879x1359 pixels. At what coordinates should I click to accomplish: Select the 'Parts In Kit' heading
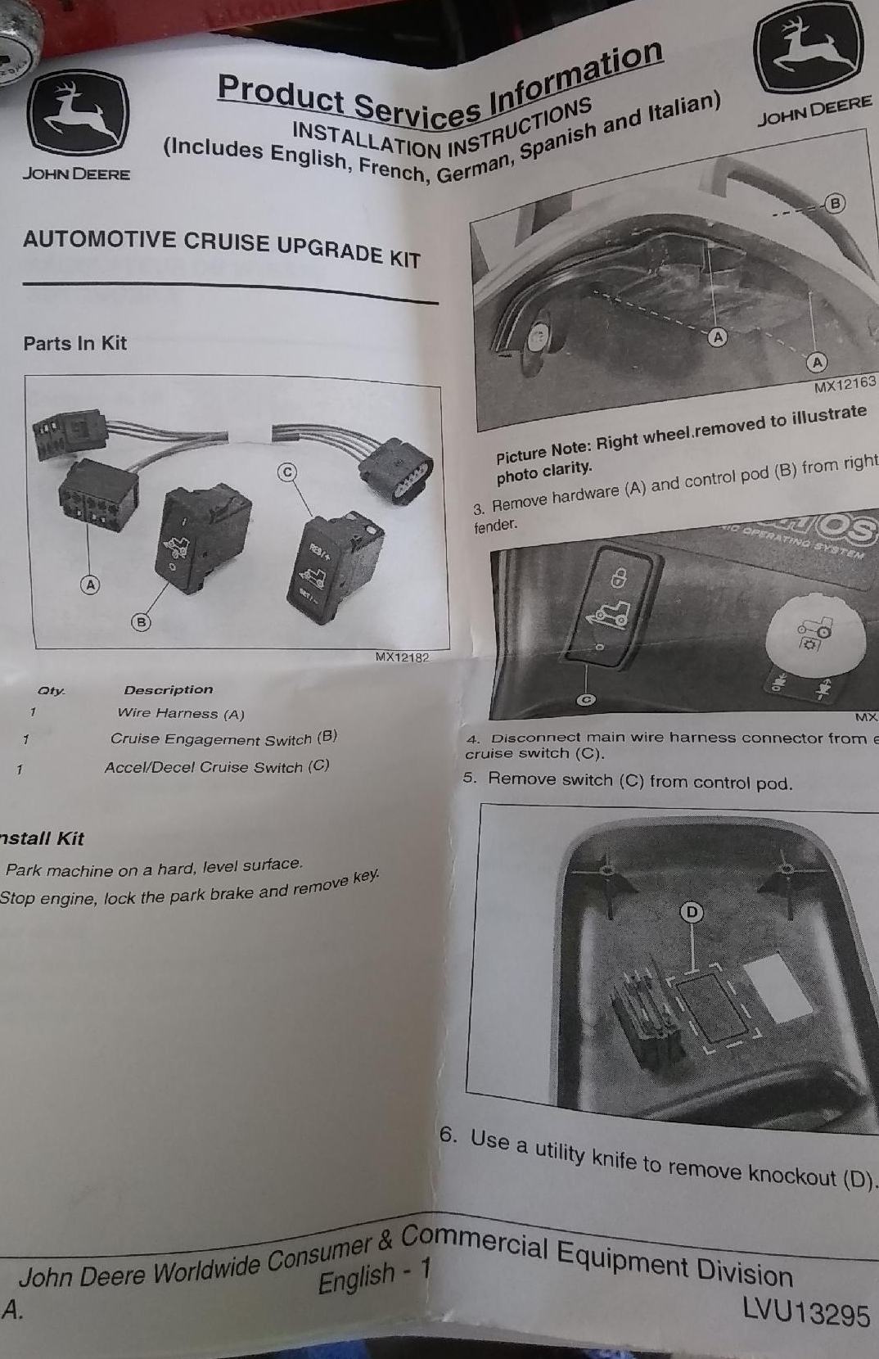click(75, 343)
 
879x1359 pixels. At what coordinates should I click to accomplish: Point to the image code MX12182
click(401, 657)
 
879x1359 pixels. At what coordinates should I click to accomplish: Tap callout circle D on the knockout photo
click(693, 912)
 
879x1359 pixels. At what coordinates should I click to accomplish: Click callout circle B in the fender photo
click(835, 202)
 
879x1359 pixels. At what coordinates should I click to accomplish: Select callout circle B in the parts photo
click(142, 622)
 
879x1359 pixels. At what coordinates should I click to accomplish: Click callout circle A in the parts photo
click(90, 585)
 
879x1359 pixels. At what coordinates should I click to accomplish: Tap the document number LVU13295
click(806, 1312)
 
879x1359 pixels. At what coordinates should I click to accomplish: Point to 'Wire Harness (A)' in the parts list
click(181, 714)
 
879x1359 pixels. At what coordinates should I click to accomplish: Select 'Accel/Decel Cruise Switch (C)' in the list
click(217, 767)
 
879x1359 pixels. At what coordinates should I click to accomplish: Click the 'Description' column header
click(169, 690)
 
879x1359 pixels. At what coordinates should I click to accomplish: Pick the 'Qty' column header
click(51, 691)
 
